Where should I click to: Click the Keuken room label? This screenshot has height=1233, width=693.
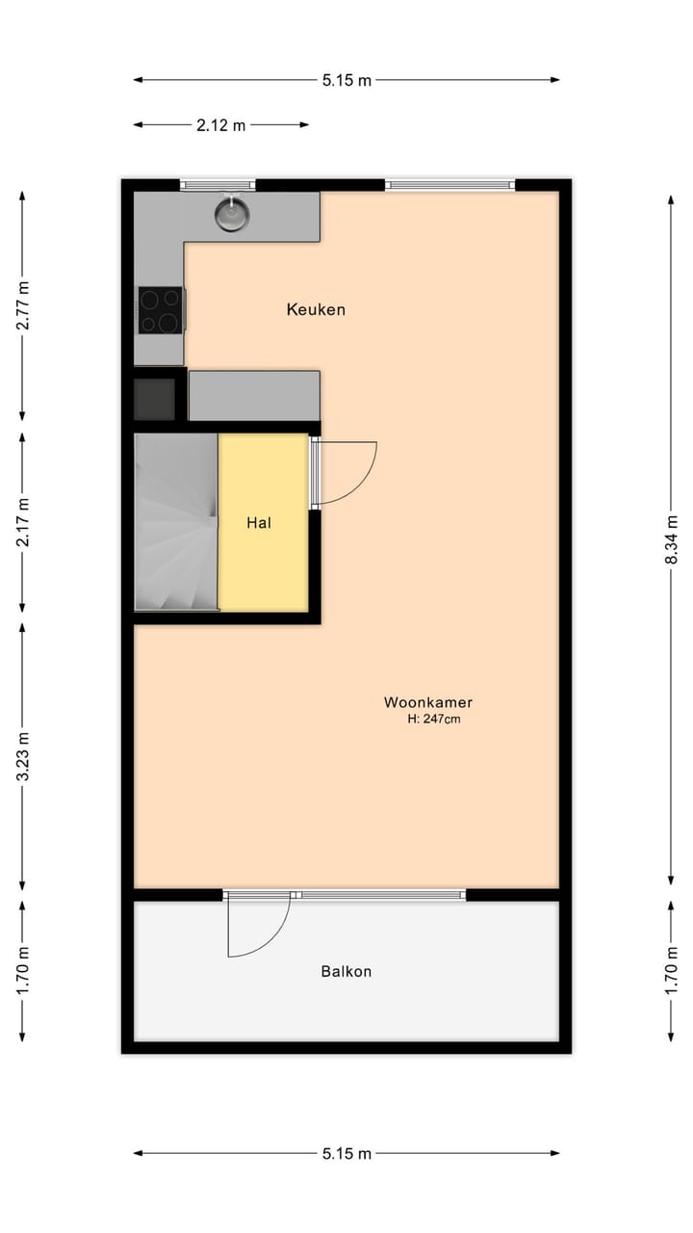(x=316, y=309)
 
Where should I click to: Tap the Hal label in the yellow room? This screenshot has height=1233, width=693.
(x=258, y=523)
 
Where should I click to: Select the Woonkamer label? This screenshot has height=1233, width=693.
(x=428, y=702)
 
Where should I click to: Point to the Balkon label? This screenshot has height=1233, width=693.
(x=346, y=971)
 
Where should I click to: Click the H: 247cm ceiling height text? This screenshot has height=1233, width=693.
(x=434, y=719)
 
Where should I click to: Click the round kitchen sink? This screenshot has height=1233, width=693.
(x=232, y=213)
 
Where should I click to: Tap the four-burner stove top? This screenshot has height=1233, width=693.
(x=160, y=310)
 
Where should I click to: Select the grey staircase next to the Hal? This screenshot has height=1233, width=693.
(x=176, y=521)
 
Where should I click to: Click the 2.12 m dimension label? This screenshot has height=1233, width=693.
(x=221, y=124)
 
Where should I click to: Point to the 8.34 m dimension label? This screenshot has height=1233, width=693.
(x=672, y=540)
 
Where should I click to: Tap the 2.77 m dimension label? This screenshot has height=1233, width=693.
(x=23, y=305)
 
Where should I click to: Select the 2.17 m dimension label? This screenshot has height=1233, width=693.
(x=23, y=521)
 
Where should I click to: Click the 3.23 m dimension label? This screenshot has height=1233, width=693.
(x=23, y=756)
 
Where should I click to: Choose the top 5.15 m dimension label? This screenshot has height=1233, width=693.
(x=346, y=80)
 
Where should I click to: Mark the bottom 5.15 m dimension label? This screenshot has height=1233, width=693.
(x=346, y=1153)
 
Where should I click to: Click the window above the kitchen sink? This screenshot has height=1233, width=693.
(x=218, y=185)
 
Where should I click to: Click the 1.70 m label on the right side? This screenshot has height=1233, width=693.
(x=672, y=970)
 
